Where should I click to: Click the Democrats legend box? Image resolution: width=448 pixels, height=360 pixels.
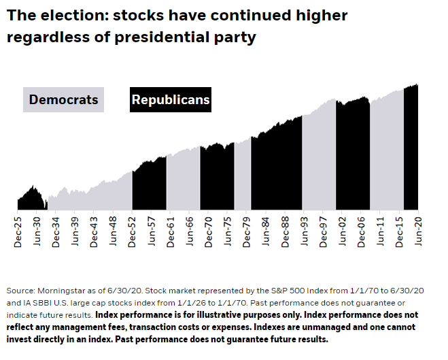coord(64,100)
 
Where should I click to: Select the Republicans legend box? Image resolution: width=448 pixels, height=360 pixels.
coord(171,100)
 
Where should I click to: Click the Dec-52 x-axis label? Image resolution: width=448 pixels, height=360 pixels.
coord(132,233)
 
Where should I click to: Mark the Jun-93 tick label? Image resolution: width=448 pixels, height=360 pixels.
coord(303,233)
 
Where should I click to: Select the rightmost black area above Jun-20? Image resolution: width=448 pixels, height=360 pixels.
coord(411,150)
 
